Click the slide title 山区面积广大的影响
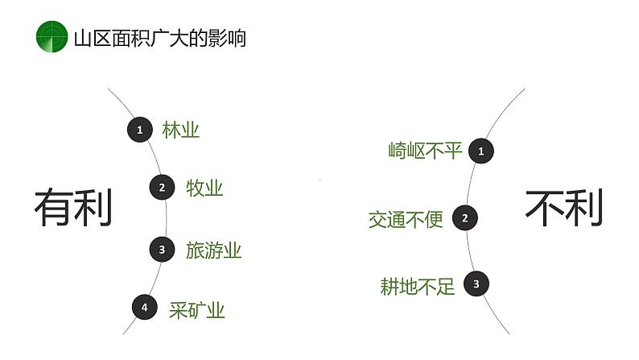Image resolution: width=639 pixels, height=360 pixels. coord(159,38)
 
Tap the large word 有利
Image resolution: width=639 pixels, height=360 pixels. coord(72,208)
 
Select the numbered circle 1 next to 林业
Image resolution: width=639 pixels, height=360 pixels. coord(140,129)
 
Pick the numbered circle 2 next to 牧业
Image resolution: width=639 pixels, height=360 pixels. coord(162,188)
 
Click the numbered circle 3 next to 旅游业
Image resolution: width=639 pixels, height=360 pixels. coord(162,250)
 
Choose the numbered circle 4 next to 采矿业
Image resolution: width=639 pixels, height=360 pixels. coord(144,307)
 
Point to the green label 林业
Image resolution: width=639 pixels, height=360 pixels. coord(180,130)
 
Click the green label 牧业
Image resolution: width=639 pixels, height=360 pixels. coord(204,188)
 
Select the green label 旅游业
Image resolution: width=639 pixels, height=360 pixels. coord(213,250)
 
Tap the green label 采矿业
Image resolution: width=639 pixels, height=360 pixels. coord(196,310)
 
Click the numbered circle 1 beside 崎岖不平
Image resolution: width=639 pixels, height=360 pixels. coord(481,151)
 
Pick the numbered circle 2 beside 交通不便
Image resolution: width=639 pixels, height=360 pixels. coord(464,217)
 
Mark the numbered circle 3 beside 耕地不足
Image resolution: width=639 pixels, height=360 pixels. coord(476,283)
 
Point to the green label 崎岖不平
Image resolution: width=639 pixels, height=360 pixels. coord(425,151)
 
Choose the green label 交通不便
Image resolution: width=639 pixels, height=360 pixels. coord(406,219)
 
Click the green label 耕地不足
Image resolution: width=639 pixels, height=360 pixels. coord(417,286)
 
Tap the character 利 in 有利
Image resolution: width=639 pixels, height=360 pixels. coord(93,208)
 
